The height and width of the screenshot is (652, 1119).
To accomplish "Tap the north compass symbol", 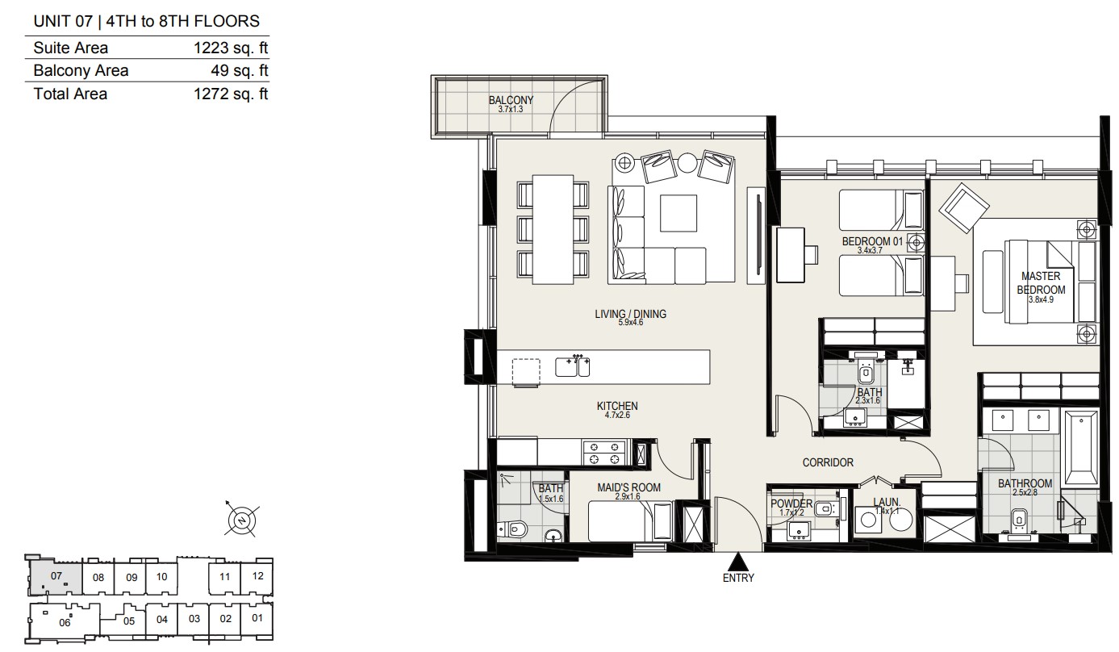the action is click(x=242, y=520).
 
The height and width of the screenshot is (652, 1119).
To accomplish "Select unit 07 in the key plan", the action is click(x=56, y=576).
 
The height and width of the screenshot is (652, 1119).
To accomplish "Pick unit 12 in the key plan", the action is click(x=257, y=576).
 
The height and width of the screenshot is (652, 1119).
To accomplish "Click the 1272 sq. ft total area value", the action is click(x=231, y=94).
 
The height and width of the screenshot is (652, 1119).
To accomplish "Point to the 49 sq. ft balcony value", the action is click(x=240, y=70).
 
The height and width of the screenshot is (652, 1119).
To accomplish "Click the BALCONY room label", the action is click(x=511, y=100).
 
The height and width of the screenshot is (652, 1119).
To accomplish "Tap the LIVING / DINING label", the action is click(x=630, y=314).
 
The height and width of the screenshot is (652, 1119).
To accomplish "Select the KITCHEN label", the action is click(x=617, y=406).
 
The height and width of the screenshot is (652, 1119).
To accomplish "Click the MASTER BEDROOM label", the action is click(x=1041, y=282).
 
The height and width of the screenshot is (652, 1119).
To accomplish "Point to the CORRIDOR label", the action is click(x=828, y=462).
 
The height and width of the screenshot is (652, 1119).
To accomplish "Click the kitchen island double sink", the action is click(x=573, y=366).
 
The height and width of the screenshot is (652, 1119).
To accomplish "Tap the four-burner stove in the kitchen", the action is click(x=604, y=453).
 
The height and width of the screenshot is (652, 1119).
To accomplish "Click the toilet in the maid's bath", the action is click(x=512, y=529).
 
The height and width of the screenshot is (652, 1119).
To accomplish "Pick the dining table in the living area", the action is click(x=553, y=229).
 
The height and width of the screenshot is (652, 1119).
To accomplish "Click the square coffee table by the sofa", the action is click(x=678, y=213).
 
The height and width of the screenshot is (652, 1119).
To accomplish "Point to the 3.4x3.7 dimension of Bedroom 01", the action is click(x=870, y=251).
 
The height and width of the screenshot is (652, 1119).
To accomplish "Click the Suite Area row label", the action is click(x=70, y=48).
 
